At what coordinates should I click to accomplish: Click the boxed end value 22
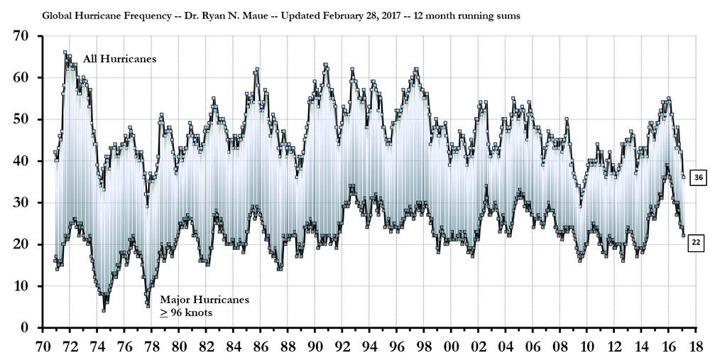point(697,243)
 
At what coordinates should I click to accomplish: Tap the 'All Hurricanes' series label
point(120,59)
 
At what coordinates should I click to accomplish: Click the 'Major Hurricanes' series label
point(204,300)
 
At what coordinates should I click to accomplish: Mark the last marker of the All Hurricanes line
point(684,177)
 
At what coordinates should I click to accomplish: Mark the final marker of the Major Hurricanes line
point(684,236)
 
